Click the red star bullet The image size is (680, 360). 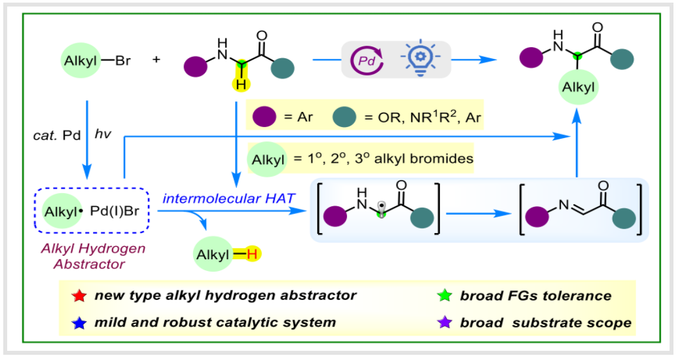click(x=79, y=295)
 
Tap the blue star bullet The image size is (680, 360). click(x=79, y=322)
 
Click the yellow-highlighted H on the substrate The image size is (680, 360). click(x=242, y=84)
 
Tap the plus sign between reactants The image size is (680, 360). click(x=156, y=60)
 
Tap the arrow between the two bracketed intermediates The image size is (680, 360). click(x=476, y=213)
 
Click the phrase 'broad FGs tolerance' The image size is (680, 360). click(x=535, y=295)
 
